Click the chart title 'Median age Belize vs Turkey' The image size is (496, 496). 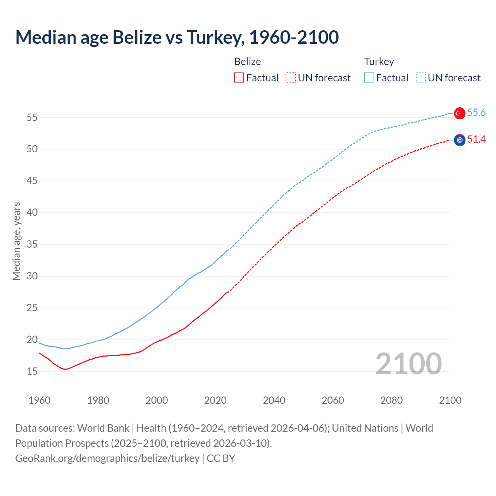[177, 37]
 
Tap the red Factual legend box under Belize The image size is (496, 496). [239, 78]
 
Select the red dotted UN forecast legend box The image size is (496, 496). [291, 78]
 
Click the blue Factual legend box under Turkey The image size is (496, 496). [369, 78]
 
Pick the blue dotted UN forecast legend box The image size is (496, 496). [420, 78]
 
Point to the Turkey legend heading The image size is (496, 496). [379, 62]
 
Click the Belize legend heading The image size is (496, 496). [247, 62]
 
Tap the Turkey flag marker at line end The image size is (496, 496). [460, 113]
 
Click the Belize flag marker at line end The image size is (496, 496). [460, 140]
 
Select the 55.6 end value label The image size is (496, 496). [476, 112]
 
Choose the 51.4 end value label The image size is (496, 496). [476, 139]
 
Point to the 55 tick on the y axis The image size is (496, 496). [32, 117]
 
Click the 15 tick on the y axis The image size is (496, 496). [32, 372]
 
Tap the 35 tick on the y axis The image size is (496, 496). [32, 245]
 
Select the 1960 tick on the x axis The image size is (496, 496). [40, 400]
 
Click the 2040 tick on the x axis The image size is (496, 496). [274, 400]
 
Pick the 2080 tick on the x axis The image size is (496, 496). [391, 400]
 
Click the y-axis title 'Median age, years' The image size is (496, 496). [16, 241]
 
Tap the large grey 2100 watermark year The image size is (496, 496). [408, 363]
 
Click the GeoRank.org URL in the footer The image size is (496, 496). [107, 458]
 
